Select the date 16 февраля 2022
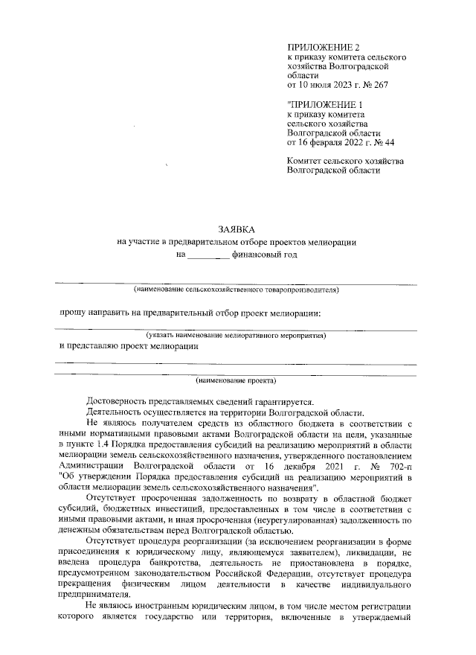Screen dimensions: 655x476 tap(332, 142)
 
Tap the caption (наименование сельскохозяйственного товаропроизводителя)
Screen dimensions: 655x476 tap(237, 289)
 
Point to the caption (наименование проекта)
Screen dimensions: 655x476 tap(237, 382)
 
